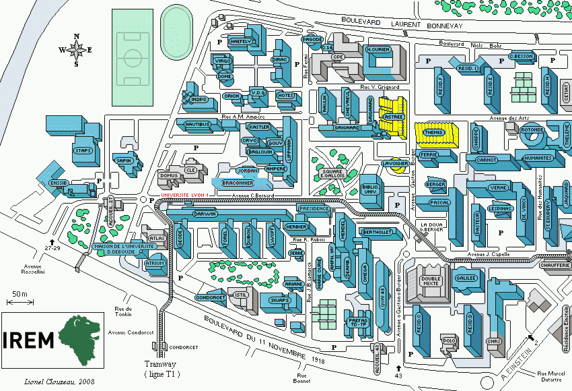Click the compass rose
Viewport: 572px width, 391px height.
(x=76, y=49)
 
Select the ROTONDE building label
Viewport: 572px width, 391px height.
(x=532, y=130)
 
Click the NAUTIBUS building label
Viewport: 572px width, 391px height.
(x=198, y=125)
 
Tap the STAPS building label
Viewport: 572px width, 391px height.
(x=83, y=151)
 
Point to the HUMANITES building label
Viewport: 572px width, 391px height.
(x=537, y=158)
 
